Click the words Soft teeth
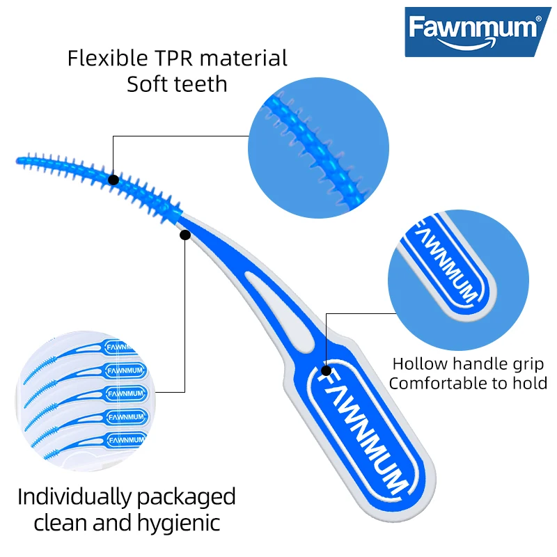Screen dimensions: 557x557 pos(177,84)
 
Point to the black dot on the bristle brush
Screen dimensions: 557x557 pos(113,180)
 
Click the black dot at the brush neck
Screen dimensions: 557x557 pos(185,235)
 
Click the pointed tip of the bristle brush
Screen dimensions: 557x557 pos(17,162)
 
